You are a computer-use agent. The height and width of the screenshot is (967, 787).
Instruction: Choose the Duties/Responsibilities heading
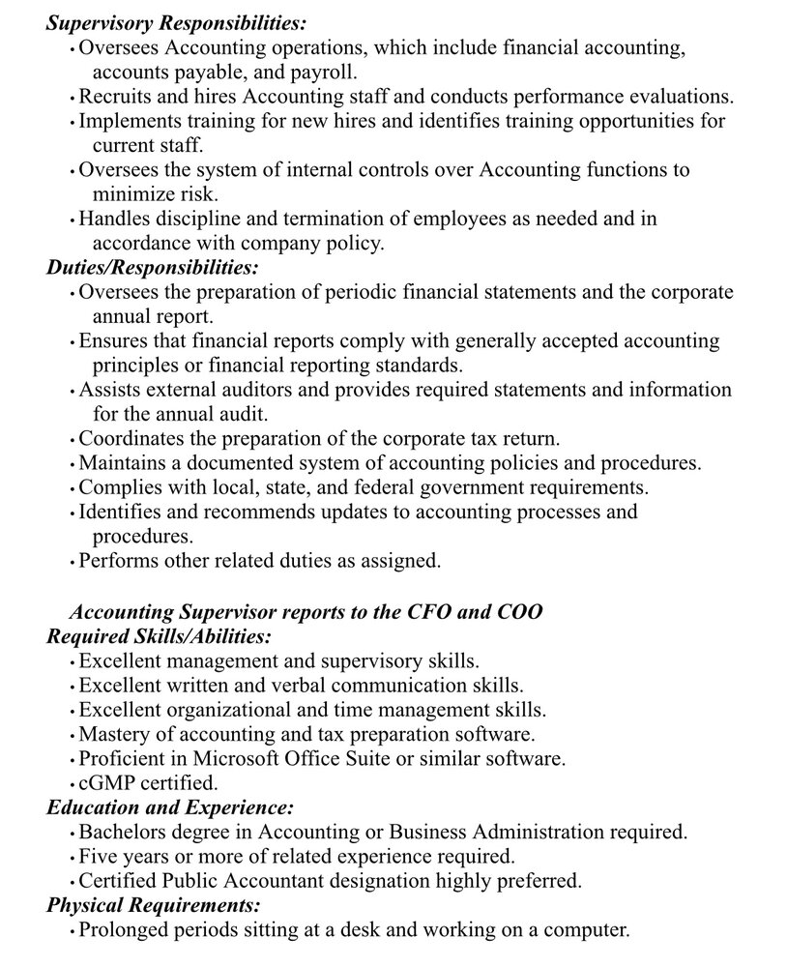coord(153,267)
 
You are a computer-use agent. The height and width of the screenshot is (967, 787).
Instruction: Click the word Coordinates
coord(128,438)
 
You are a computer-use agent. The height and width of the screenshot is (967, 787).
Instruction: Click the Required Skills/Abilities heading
coord(159,637)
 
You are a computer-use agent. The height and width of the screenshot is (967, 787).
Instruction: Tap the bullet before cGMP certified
coord(73,783)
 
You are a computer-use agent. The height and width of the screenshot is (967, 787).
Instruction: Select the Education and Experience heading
coord(170,806)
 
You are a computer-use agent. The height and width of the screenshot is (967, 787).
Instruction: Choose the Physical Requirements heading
coord(154,905)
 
